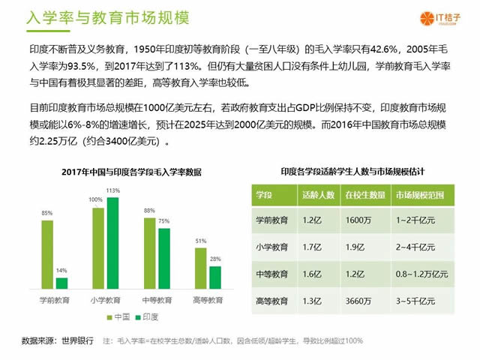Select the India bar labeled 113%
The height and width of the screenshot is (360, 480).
[x=113, y=243]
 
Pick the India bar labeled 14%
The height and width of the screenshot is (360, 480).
[x=61, y=283]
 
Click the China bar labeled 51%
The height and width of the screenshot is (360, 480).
[x=200, y=268]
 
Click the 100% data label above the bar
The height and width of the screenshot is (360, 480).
[x=96, y=199]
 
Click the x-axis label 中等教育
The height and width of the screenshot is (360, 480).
[x=157, y=300]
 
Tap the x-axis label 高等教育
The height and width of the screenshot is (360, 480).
[x=208, y=300]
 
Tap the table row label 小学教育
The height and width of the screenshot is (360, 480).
[x=272, y=247]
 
